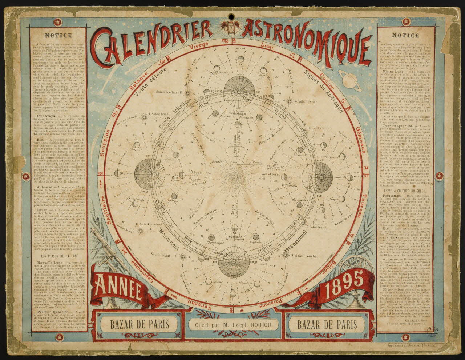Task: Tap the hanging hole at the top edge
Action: pos(231,17)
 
